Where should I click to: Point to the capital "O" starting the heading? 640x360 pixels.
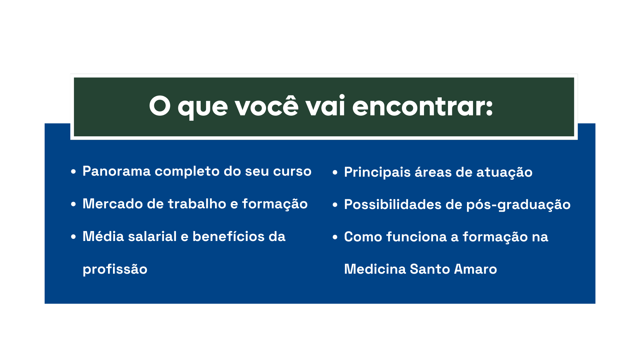pos(160,106)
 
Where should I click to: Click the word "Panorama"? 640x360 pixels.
pos(117,171)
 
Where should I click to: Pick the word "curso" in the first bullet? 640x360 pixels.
pos(292,171)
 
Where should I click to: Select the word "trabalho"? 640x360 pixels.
pos(197,204)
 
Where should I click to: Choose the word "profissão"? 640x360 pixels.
pos(115,269)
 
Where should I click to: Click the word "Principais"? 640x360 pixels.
pos(377,172)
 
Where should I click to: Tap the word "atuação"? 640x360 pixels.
pos(504,172)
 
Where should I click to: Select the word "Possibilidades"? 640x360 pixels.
pos(393,205)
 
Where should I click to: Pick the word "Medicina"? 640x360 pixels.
pos(375,269)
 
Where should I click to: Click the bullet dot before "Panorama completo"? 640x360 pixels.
pos(74,172)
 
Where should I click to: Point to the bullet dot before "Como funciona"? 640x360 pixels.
pos(335,237)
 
